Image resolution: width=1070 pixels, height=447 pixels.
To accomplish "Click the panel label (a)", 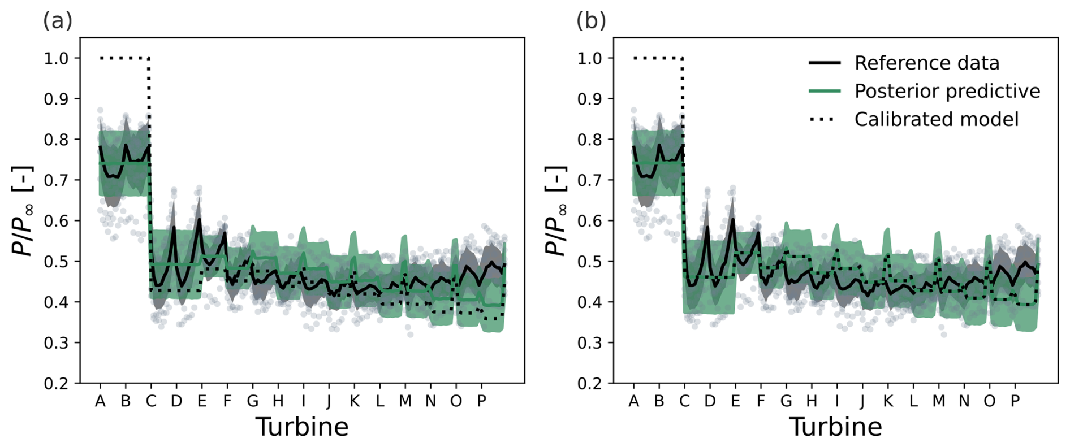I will pos(58,21).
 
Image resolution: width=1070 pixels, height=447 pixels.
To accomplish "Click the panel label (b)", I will pos(591,21).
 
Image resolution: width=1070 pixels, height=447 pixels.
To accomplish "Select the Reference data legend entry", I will pos(926,63).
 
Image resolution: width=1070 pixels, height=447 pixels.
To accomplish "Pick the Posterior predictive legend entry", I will pos(947,91).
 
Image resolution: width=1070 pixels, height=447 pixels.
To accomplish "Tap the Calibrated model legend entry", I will pos(936,119).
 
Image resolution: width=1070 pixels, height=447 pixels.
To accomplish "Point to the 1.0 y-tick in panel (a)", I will pos(56,58).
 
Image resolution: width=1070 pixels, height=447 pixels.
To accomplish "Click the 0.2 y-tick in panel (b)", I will pos(589,383).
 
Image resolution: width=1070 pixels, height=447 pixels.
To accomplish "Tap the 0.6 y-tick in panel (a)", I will pos(56,221).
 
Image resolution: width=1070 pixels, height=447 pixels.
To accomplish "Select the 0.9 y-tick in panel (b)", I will pos(589,99).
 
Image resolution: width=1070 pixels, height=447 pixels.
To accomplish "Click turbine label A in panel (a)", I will pos(100,401).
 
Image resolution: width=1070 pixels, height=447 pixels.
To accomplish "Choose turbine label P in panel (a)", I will pos(481,401).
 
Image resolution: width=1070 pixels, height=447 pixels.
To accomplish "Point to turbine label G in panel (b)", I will pos(786,401).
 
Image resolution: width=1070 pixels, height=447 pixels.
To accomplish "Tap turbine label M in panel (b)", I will pos(939,401).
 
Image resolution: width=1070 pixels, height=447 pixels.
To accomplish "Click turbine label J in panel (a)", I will pos(329,401).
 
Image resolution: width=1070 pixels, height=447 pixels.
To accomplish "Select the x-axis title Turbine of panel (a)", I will pos(302,427).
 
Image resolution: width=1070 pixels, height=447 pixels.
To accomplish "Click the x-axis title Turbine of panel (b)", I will pos(835,427).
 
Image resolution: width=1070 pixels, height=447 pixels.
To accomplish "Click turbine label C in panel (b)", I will pos(684,401).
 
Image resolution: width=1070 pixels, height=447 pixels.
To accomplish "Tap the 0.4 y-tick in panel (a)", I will pos(56,302).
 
